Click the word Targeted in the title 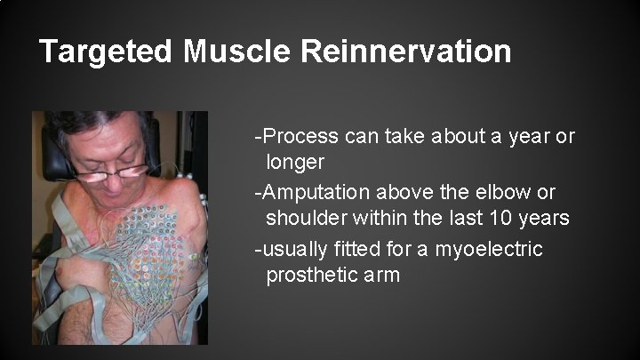107,52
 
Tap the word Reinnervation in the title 406,52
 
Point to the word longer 296,163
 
